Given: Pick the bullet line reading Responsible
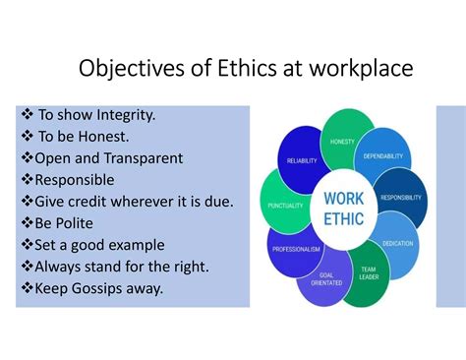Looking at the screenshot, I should coord(74,180).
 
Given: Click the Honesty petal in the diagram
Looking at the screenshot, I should coord(343,140).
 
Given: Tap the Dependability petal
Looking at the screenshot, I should coord(382,155).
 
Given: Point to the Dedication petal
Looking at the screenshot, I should coord(398,242).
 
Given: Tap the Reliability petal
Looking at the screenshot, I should coord(301,159).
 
